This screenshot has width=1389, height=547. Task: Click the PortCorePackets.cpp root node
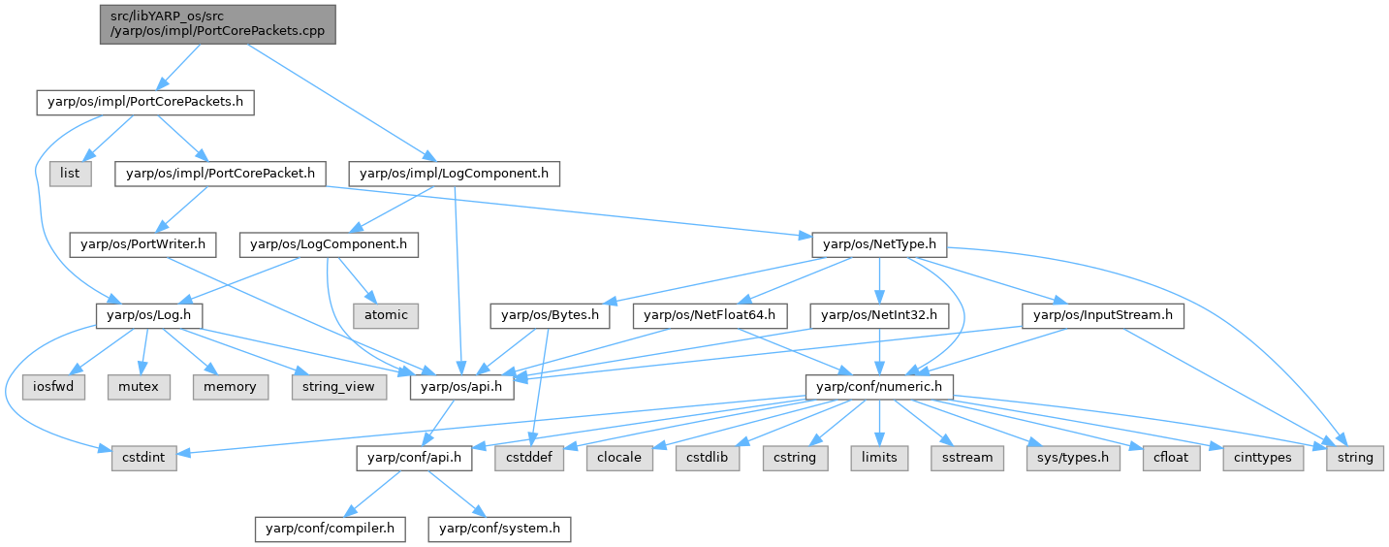(x=217, y=24)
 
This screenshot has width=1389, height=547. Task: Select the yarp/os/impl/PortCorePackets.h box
(x=145, y=103)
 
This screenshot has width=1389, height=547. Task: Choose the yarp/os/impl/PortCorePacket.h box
(x=220, y=174)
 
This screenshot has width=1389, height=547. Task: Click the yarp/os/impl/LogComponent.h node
(x=455, y=174)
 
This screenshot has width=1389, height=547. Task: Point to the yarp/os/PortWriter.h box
(x=142, y=244)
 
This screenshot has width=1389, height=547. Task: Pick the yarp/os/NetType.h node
(x=878, y=244)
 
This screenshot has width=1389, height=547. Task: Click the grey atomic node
(x=387, y=315)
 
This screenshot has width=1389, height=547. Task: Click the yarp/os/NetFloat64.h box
(x=714, y=315)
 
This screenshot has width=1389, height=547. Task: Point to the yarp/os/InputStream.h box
(x=1103, y=315)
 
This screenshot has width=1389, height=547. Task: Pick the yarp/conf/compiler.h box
(x=330, y=529)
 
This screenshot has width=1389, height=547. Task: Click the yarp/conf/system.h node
(x=501, y=529)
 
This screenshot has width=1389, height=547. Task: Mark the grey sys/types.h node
(x=1067, y=458)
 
